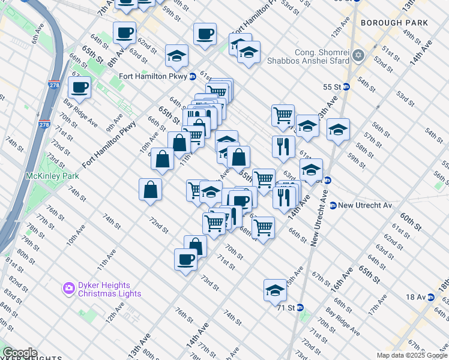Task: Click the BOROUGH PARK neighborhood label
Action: click(x=394, y=23)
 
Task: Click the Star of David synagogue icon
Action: click(x=359, y=56)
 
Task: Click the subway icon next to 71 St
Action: click(x=300, y=308)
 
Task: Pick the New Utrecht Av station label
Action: click(x=364, y=205)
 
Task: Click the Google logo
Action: click(x=20, y=353)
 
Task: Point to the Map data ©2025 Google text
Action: click(x=412, y=355)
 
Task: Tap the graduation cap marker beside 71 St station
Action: click(x=275, y=290)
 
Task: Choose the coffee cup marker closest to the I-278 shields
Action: click(x=79, y=88)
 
